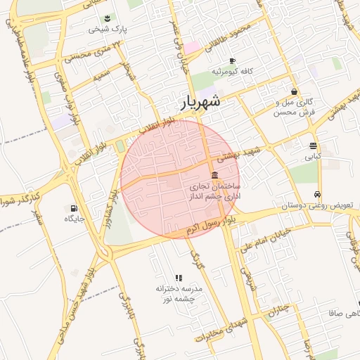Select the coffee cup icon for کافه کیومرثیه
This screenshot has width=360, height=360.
pos(232,61)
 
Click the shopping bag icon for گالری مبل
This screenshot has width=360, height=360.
pos(294,91)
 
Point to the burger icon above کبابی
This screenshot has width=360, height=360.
pos(312,146)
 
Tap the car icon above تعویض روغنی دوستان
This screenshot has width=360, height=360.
pos(318,194)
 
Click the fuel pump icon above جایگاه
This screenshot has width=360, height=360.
pos(73,208)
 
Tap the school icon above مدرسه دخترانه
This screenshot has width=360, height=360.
pos(178,278)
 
